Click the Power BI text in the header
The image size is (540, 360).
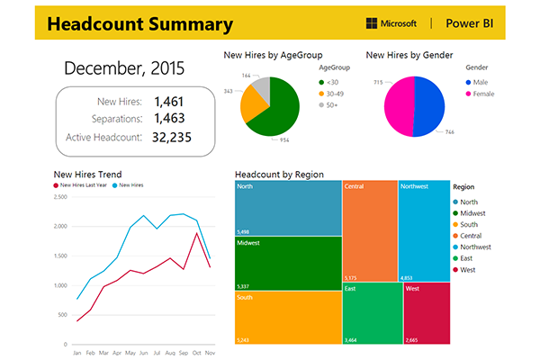[x=474, y=22]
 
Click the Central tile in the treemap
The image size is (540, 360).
[x=369, y=230]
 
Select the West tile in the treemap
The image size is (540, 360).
[x=427, y=314]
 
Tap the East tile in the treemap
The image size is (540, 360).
[x=372, y=314]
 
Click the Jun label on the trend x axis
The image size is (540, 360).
[x=144, y=354]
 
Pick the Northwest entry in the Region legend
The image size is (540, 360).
[x=478, y=246]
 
